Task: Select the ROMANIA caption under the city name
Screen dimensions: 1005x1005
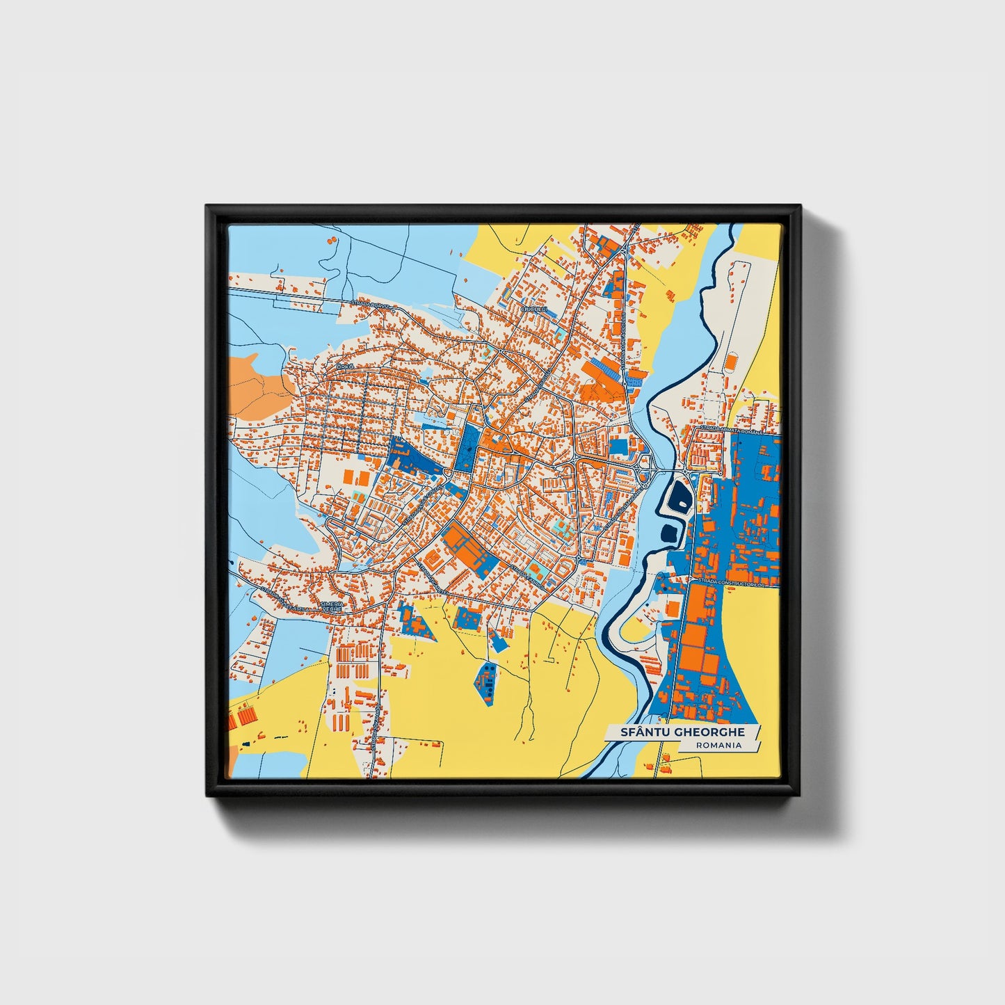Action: click(x=718, y=745)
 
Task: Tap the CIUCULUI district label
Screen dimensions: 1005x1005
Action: click(x=534, y=309)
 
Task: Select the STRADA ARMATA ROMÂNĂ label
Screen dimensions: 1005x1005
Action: click(x=730, y=429)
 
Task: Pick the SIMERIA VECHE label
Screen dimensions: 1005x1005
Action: click(x=332, y=606)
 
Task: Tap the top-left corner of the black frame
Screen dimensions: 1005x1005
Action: click(x=207, y=207)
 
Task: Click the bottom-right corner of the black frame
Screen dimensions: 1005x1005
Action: click(x=800, y=795)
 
